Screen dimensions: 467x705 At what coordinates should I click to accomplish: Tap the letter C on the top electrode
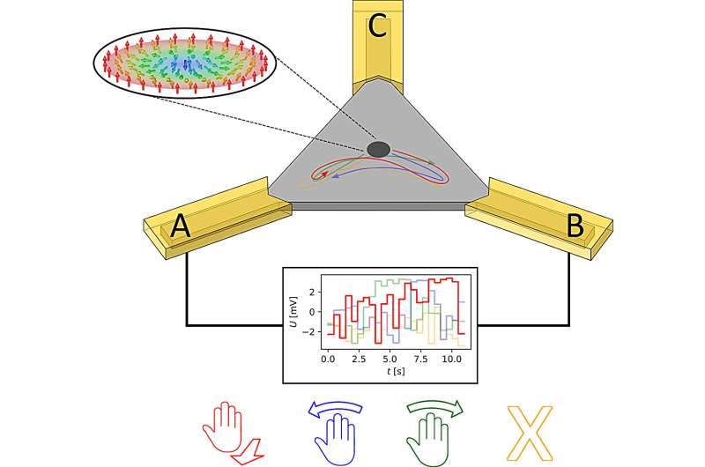pyautogui.click(x=377, y=27)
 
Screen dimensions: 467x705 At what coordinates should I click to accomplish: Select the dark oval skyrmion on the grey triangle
pyautogui.click(x=378, y=150)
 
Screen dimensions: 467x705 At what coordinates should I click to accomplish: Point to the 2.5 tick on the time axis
pyautogui.click(x=357, y=360)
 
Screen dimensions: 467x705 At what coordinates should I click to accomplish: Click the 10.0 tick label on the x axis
pyautogui.click(x=450, y=360)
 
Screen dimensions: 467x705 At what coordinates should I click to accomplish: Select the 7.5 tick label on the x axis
pyautogui.click(x=419, y=360)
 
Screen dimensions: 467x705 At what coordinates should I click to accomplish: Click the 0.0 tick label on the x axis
pyautogui.click(x=327, y=360)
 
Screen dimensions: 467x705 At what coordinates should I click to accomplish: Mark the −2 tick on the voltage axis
pyautogui.click(x=312, y=332)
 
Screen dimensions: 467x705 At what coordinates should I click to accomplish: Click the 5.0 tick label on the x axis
pyautogui.click(x=388, y=360)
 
